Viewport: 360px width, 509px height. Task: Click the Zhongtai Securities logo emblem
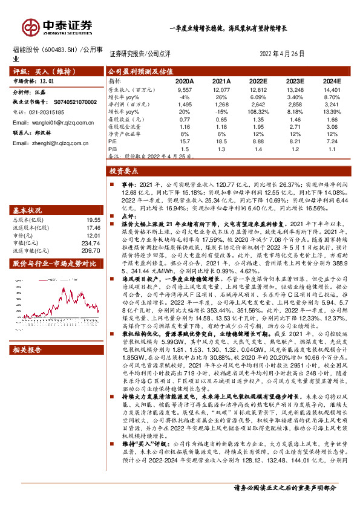tap(30, 27)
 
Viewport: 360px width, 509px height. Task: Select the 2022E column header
tap(258, 80)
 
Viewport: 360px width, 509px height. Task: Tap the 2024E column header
tap(331, 80)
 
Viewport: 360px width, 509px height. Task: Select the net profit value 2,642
tap(258, 104)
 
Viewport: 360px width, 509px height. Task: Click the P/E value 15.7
tap(185, 140)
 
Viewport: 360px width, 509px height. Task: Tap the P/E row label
tap(113, 140)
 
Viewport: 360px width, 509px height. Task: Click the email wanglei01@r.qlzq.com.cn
tap(54, 122)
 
